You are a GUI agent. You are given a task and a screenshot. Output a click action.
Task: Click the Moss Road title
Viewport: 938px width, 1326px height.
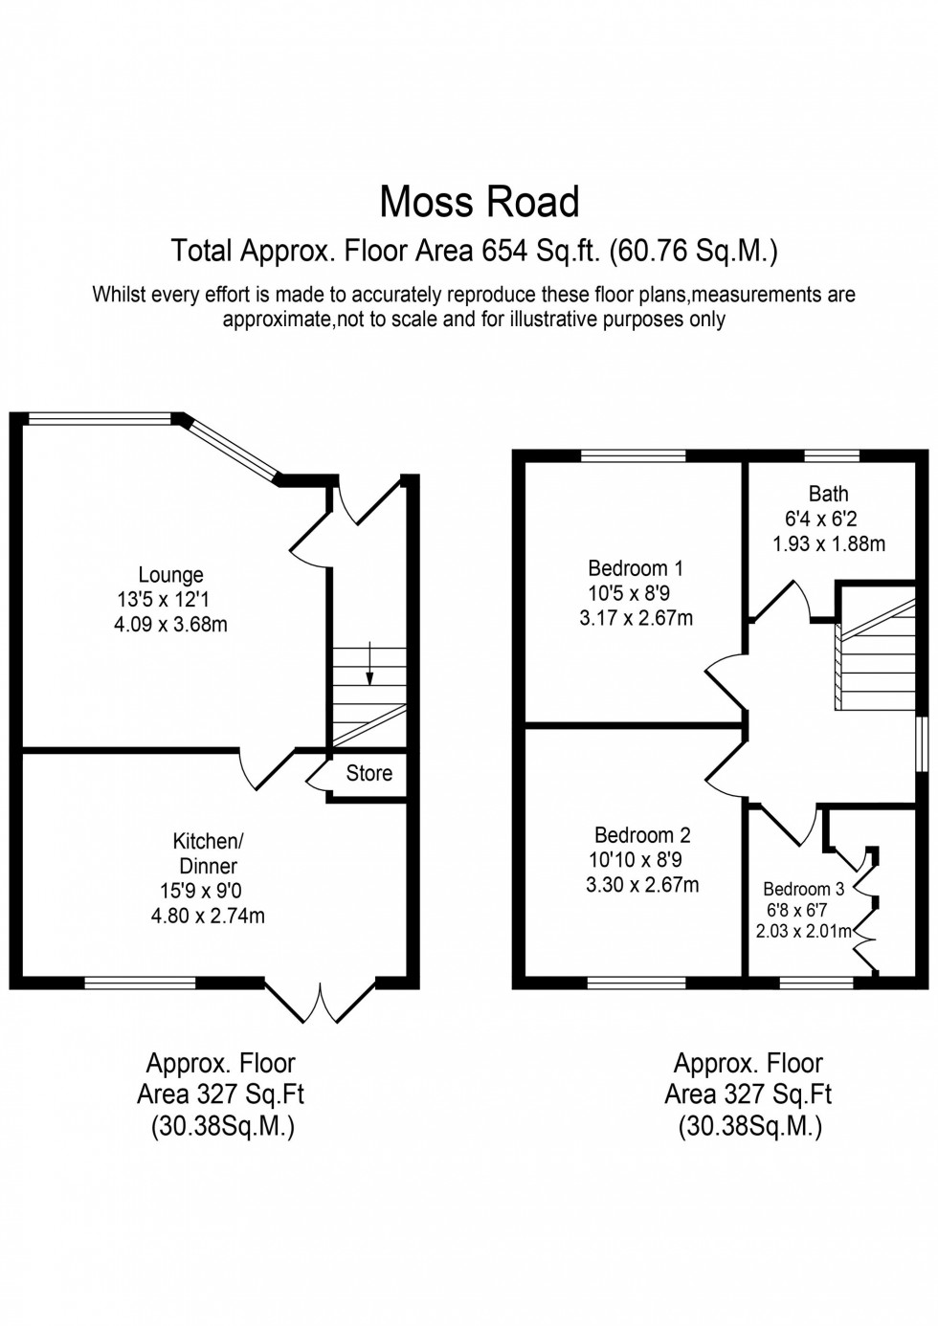pyautogui.click(x=480, y=202)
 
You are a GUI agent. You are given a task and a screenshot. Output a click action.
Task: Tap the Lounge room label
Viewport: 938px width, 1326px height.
pyautogui.click(x=170, y=575)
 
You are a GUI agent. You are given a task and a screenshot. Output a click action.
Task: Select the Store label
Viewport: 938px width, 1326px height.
pyautogui.click(x=368, y=773)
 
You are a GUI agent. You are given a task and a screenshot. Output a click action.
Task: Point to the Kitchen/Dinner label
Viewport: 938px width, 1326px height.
pyautogui.click(x=208, y=853)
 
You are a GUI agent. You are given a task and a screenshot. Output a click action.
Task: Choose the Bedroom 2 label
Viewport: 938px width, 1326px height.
pyautogui.click(x=642, y=835)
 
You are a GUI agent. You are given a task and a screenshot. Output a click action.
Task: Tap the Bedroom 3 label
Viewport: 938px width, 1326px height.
pyautogui.click(x=803, y=889)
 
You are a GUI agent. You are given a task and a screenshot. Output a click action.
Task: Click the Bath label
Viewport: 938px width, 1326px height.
pyautogui.click(x=828, y=494)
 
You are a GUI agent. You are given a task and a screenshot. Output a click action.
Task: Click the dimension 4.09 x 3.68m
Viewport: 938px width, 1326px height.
pyautogui.click(x=169, y=626)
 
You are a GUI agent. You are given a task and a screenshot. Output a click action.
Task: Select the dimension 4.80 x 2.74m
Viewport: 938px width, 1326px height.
pyautogui.click(x=208, y=916)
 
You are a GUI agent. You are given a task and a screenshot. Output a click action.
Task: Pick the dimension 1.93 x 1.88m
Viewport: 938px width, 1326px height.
pyautogui.click(x=829, y=543)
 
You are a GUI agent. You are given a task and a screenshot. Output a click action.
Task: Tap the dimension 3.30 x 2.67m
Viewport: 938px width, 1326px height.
pyautogui.click(x=642, y=885)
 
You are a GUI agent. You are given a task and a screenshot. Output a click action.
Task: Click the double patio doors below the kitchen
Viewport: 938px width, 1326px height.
pyautogui.click(x=321, y=1001)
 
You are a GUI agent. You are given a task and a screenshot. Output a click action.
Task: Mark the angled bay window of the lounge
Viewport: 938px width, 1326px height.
pyautogui.click(x=231, y=447)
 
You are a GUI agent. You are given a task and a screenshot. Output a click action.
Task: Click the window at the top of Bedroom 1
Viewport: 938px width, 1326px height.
pyautogui.click(x=633, y=455)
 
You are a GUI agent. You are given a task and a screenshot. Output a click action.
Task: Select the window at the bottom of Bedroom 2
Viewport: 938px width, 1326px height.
pyautogui.click(x=636, y=982)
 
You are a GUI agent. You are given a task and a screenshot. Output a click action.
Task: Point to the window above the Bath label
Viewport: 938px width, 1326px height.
pyautogui.click(x=831, y=455)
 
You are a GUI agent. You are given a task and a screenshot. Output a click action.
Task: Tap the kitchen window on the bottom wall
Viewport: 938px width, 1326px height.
pyautogui.click(x=140, y=982)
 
